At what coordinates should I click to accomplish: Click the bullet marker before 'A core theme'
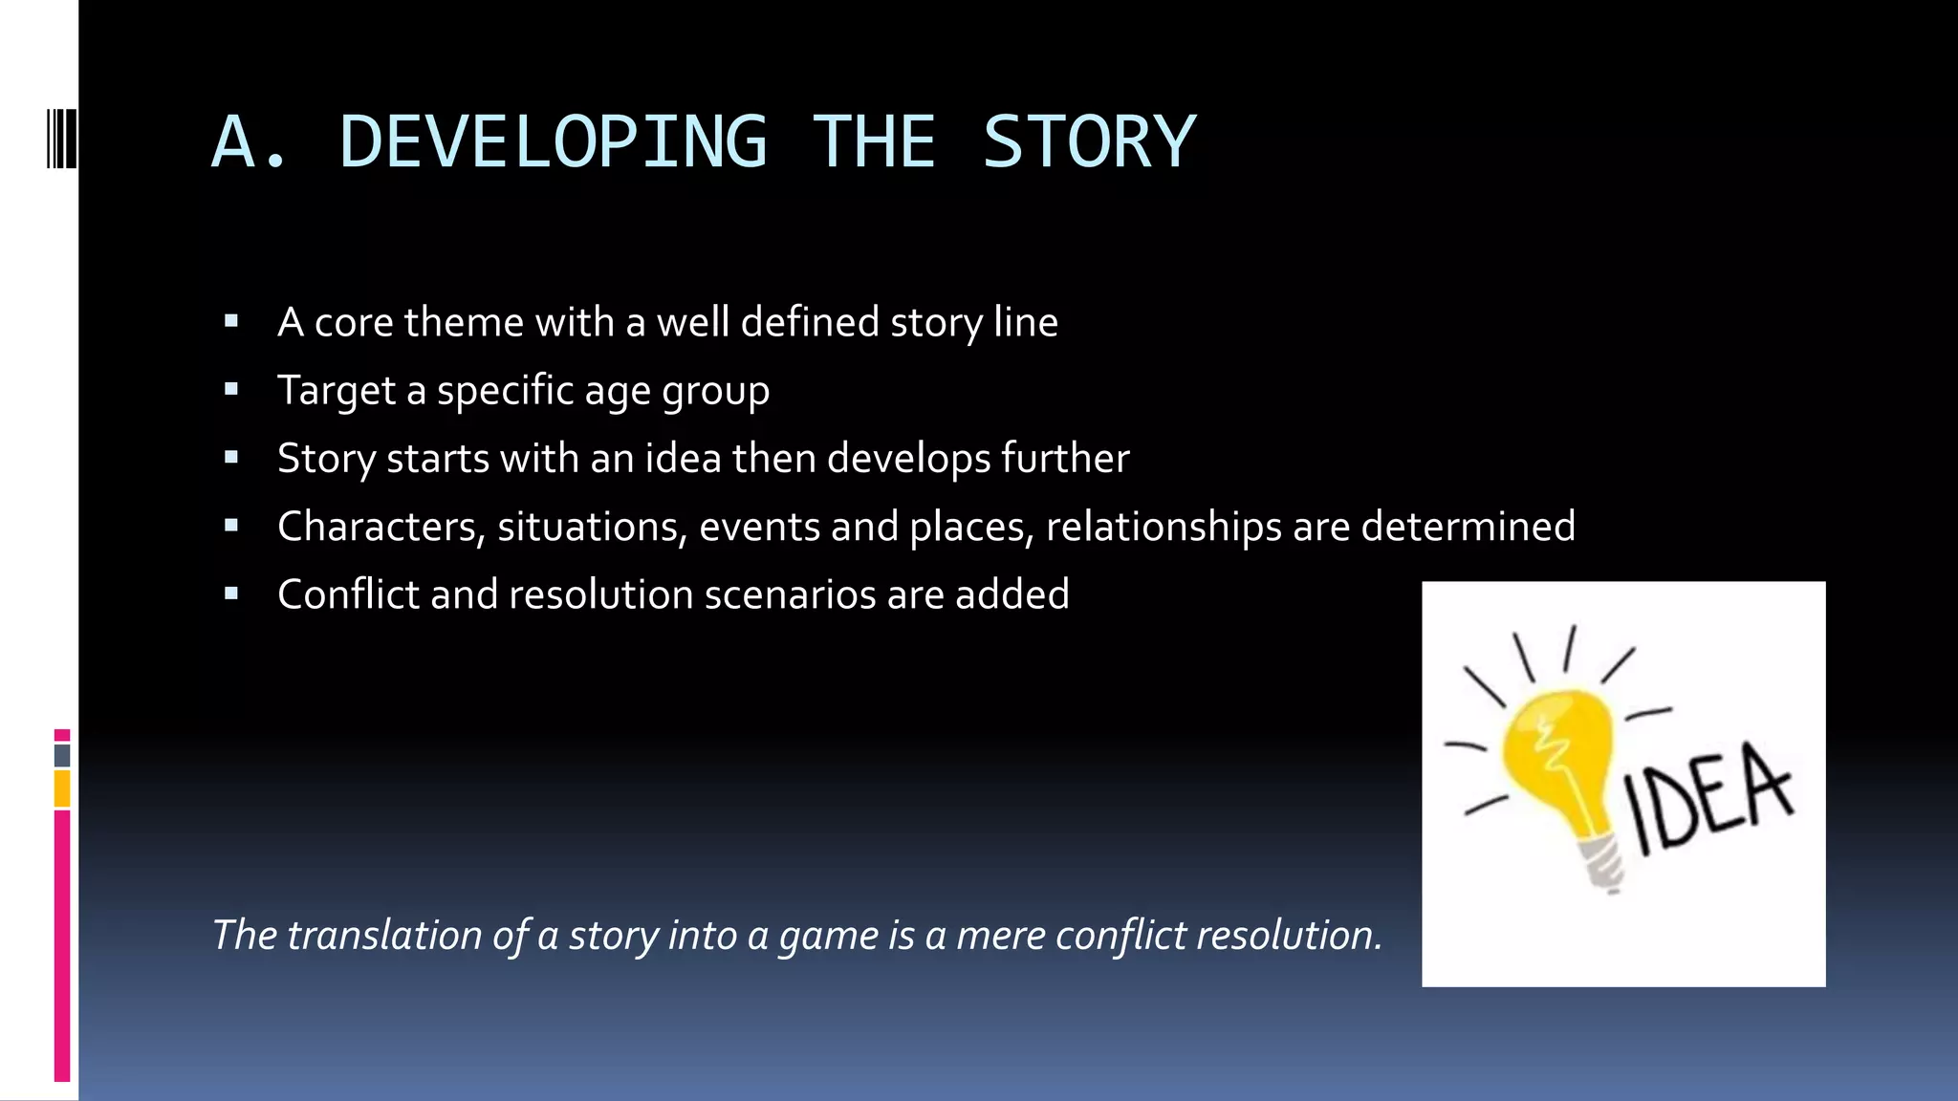pos(231,322)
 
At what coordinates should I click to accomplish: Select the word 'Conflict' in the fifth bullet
pos(348,594)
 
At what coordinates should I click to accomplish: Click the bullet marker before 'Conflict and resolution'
pos(231,594)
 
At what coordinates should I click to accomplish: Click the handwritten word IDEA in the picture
pos(1708,798)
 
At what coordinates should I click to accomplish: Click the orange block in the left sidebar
pos(62,789)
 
